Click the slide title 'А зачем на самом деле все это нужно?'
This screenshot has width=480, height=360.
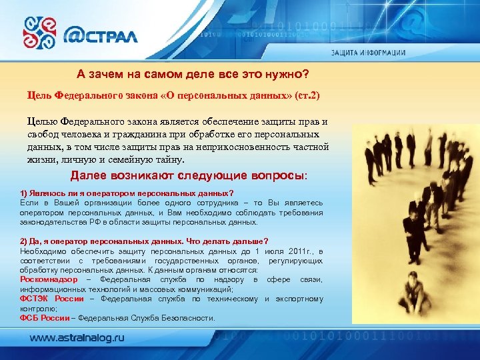point(193,73)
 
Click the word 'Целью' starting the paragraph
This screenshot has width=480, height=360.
point(42,122)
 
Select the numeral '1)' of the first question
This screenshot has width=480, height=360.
point(25,193)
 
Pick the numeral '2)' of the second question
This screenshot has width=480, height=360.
point(25,241)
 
